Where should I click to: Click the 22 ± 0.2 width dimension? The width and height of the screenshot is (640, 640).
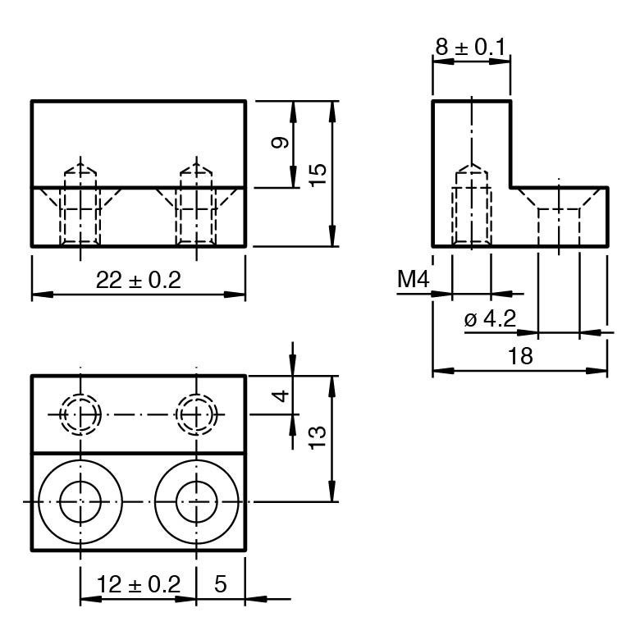(x=138, y=281)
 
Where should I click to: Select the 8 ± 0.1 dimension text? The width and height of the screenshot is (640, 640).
(x=470, y=48)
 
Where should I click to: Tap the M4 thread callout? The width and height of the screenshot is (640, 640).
(x=414, y=281)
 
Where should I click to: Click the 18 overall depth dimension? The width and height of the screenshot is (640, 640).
(x=520, y=356)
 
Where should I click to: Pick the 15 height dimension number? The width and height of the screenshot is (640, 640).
(x=318, y=174)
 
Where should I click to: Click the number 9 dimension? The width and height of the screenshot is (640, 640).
(x=281, y=143)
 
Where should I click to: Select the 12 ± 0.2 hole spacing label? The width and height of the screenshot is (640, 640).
(x=138, y=585)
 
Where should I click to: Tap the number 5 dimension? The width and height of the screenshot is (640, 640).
(x=220, y=585)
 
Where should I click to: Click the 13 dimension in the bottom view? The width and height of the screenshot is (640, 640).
(x=318, y=435)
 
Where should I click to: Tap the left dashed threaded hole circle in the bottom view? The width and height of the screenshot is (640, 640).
(x=80, y=414)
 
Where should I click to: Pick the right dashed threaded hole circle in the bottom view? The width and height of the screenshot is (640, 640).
(x=197, y=414)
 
